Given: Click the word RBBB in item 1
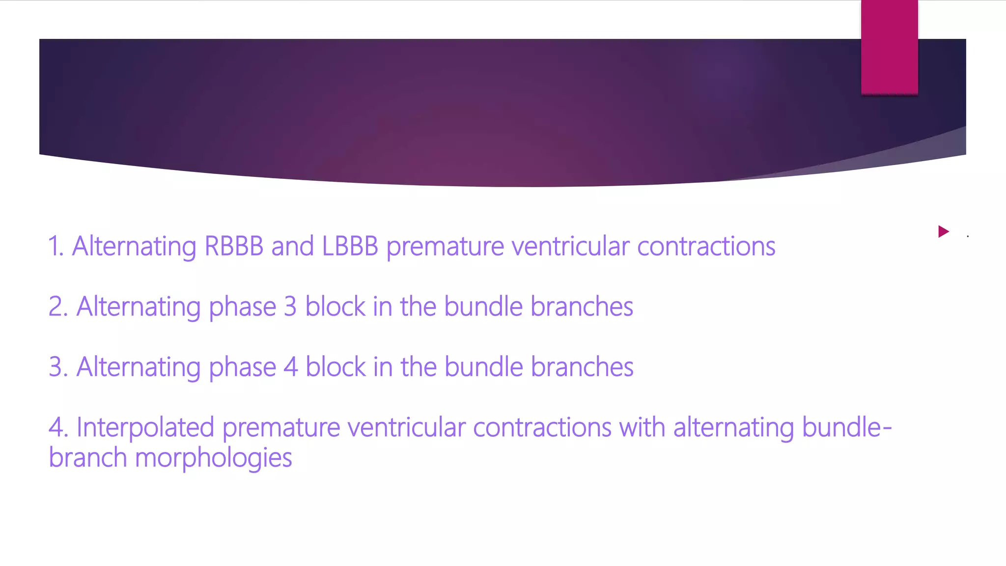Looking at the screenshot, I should pos(234,246).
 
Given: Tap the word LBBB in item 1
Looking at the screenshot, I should pos(350,246).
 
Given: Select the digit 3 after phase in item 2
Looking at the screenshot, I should pos(290,307).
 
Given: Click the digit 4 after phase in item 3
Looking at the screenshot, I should pos(291,367).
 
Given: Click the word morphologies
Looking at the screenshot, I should pos(213,458).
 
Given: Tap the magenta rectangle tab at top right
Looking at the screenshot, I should pos(889,47).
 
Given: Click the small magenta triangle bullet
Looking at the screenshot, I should pos(943,231).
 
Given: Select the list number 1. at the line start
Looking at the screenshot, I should pos(56,246).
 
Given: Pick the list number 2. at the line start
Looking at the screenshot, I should pos(58,307).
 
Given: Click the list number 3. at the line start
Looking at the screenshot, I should pos(58,367).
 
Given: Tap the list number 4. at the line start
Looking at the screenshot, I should pos(58,427).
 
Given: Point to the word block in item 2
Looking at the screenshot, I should pos(335,307).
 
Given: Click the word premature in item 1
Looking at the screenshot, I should pos(445,247).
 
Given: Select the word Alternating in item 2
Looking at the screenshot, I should pos(139,307).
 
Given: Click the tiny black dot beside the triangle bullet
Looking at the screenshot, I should pos(968,236).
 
